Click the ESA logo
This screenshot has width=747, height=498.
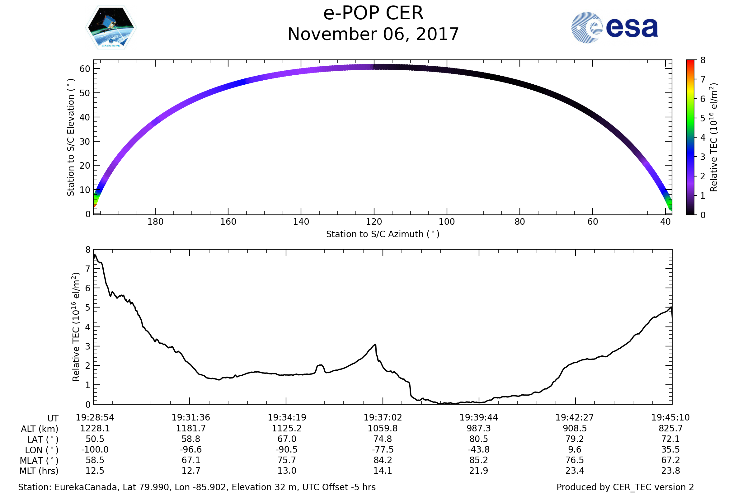(x=614, y=28)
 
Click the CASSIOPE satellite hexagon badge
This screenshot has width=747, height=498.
(x=111, y=28)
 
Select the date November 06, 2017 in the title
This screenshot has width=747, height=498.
(x=373, y=34)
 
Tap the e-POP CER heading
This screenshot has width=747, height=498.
(x=373, y=13)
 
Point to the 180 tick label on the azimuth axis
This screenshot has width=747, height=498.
(x=155, y=222)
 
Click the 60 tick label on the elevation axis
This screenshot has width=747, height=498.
(x=85, y=69)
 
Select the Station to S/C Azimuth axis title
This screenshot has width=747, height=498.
(x=383, y=234)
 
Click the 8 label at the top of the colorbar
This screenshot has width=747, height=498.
(x=703, y=60)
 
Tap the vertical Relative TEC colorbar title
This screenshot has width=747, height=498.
(x=713, y=138)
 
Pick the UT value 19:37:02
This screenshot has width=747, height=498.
(x=383, y=418)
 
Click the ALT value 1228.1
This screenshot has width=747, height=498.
(x=95, y=429)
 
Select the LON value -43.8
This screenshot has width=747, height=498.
(x=479, y=450)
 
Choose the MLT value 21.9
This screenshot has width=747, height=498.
(x=479, y=471)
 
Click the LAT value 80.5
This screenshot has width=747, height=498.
(x=479, y=439)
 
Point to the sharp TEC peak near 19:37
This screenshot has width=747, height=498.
(x=375, y=345)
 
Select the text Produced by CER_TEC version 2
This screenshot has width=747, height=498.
(x=625, y=487)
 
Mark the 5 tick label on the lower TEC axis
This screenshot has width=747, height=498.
(x=88, y=308)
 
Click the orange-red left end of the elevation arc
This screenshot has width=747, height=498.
(x=95, y=205)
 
